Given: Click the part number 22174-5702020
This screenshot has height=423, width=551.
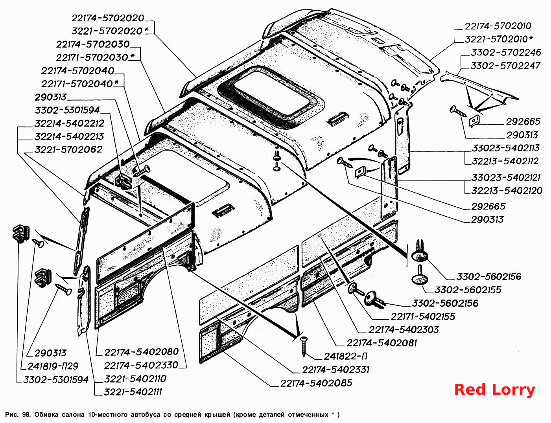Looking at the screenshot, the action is tap(108, 18).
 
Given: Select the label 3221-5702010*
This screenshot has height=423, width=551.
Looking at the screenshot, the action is tap(499, 39).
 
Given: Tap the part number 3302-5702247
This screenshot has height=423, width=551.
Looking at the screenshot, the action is tap(506, 66).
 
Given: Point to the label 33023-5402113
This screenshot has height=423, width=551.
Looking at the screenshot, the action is tap(506, 148).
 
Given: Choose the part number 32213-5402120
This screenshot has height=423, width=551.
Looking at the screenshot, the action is tap(507, 191).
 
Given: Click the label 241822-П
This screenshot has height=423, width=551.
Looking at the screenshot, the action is tap(345, 357).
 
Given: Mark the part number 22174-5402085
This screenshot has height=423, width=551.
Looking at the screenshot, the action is tap(316, 383).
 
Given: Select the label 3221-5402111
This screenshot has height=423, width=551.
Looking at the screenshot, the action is tap(133, 392).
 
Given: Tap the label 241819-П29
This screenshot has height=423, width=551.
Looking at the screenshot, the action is tap(53, 366).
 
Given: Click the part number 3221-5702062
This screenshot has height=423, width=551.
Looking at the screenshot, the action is tap(68, 149).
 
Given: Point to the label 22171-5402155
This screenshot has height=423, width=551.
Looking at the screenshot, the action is tap(423, 316).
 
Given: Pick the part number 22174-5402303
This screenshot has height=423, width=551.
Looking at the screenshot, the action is tap(404, 330).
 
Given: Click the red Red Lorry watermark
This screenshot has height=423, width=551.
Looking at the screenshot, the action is tap(495, 390).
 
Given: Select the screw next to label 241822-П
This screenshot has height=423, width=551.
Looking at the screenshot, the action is tap(304, 346).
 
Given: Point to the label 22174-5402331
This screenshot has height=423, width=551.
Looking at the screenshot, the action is tap(335, 370).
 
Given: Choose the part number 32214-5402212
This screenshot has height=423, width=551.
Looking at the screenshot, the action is tap(69, 123).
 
